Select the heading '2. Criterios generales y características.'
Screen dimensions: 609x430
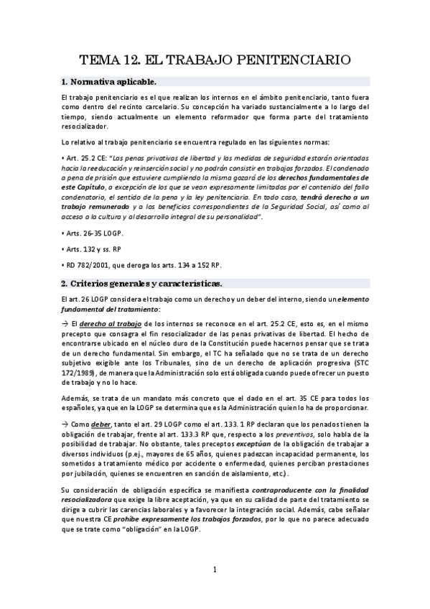(x=141, y=282)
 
